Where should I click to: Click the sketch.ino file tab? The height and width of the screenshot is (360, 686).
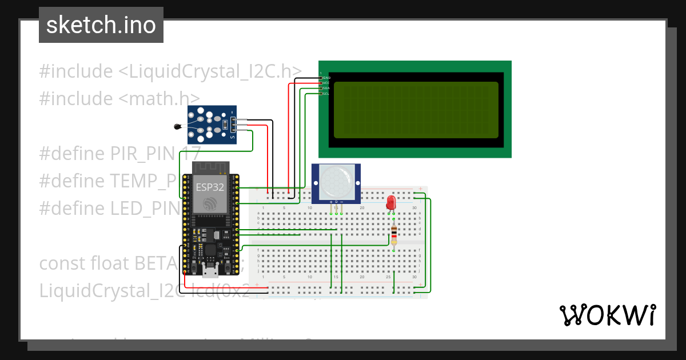tap(101, 25)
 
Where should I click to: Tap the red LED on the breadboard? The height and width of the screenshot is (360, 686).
tap(391, 202)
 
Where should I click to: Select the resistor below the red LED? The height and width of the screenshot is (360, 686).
tap(394, 234)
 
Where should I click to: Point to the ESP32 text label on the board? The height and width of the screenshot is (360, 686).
tap(210, 187)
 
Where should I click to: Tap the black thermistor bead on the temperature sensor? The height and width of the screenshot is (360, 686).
tap(177, 127)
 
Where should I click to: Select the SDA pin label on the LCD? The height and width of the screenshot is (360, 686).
tap(326, 88)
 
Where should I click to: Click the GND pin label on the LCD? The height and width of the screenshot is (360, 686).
tap(326, 77)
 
